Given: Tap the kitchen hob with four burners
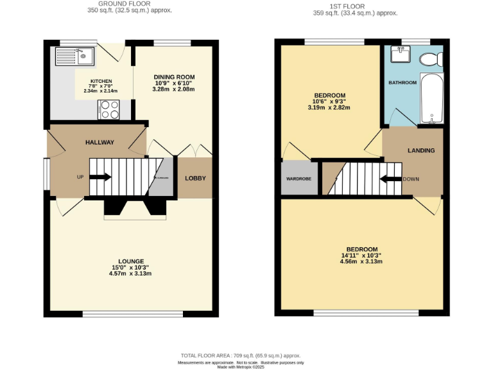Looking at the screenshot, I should pyautogui.click(x=108, y=110).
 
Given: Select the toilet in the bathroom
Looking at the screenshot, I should pyautogui.click(x=429, y=60).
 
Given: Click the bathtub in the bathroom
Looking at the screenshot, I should pyautogui.click(x=432, y=98).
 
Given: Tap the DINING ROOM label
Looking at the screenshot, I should pyautogui.click(x=174, y=77).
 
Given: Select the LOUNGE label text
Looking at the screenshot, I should pyautogui.click(x=131, y=261).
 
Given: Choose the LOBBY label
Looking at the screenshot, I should pyautogui.click(x=195, y=178).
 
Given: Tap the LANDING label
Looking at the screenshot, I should pyautogui.click(x=421, y=150).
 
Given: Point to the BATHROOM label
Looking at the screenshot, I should pyautogui.click(x=402, y=83).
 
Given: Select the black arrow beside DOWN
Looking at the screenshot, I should pyautogui.click(x=390, y=179).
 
